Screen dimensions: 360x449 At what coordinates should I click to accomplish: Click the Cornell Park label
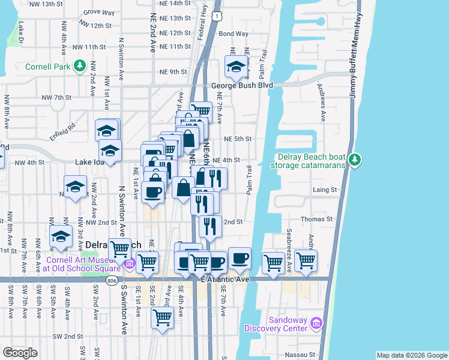click(x=48, y=67)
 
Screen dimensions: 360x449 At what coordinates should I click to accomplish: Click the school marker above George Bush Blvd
click(x=237, y=68)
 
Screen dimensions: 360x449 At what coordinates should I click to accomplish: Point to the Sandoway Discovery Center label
click(x=280, y=324)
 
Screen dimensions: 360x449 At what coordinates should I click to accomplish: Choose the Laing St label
click(x=325, y=190)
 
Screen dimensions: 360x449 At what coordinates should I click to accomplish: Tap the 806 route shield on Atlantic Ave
click(x=112, y=280)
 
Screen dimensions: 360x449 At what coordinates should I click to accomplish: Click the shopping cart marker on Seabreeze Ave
click(x=273, y=262)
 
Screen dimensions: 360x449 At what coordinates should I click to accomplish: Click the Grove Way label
click(x=99, y=12)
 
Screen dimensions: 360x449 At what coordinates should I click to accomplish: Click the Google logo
click(x=20, y=353)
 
